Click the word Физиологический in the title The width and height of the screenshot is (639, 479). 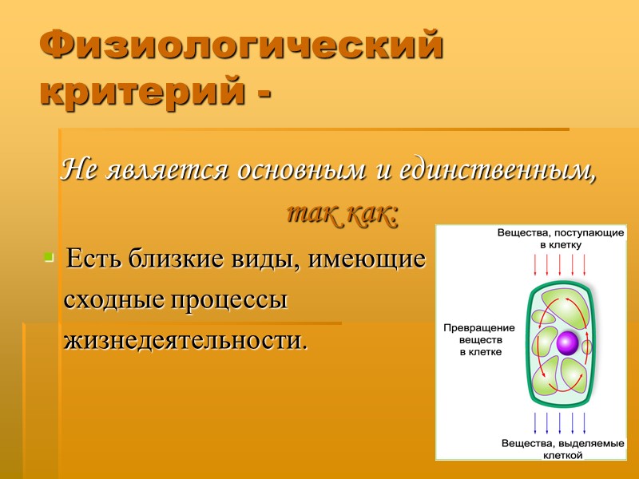pyautogui.click(x=240, y=46)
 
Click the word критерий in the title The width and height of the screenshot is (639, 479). pyautogui.click(x=137, y=91)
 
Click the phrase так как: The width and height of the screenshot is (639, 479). pyautogui.click(x=343, y=214)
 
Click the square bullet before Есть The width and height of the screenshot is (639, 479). pyautogui.click(x=50, y=257)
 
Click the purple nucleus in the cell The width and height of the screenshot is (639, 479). pyautogui.click(x=566, y=343)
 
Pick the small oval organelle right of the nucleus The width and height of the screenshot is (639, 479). pyautogui.click(x=586, y=346)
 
